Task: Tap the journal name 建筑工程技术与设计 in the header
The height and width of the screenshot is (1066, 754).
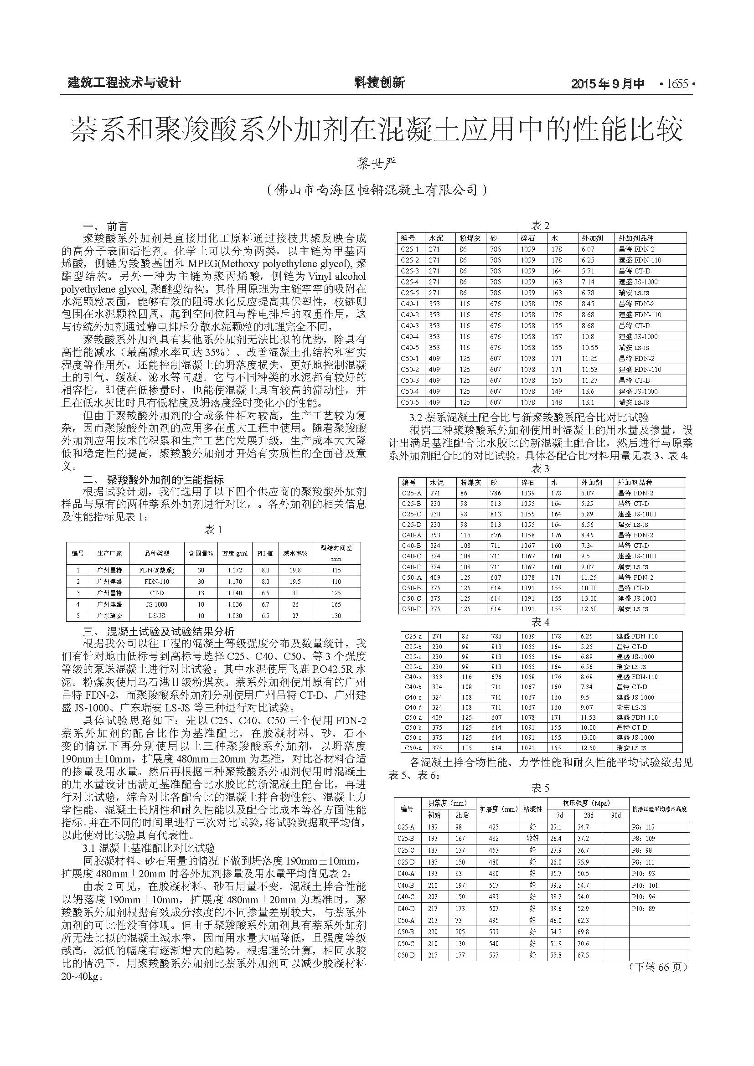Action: coord(124,83)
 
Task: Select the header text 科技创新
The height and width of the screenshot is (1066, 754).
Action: coord(379,82)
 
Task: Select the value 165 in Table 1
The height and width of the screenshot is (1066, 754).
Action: coord(336,604)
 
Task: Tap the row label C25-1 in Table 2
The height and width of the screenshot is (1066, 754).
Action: coord(409,249)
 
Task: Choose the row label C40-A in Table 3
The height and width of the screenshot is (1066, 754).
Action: coord(411,535)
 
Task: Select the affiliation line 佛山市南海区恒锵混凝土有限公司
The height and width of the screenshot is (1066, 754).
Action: coord(377,190)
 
